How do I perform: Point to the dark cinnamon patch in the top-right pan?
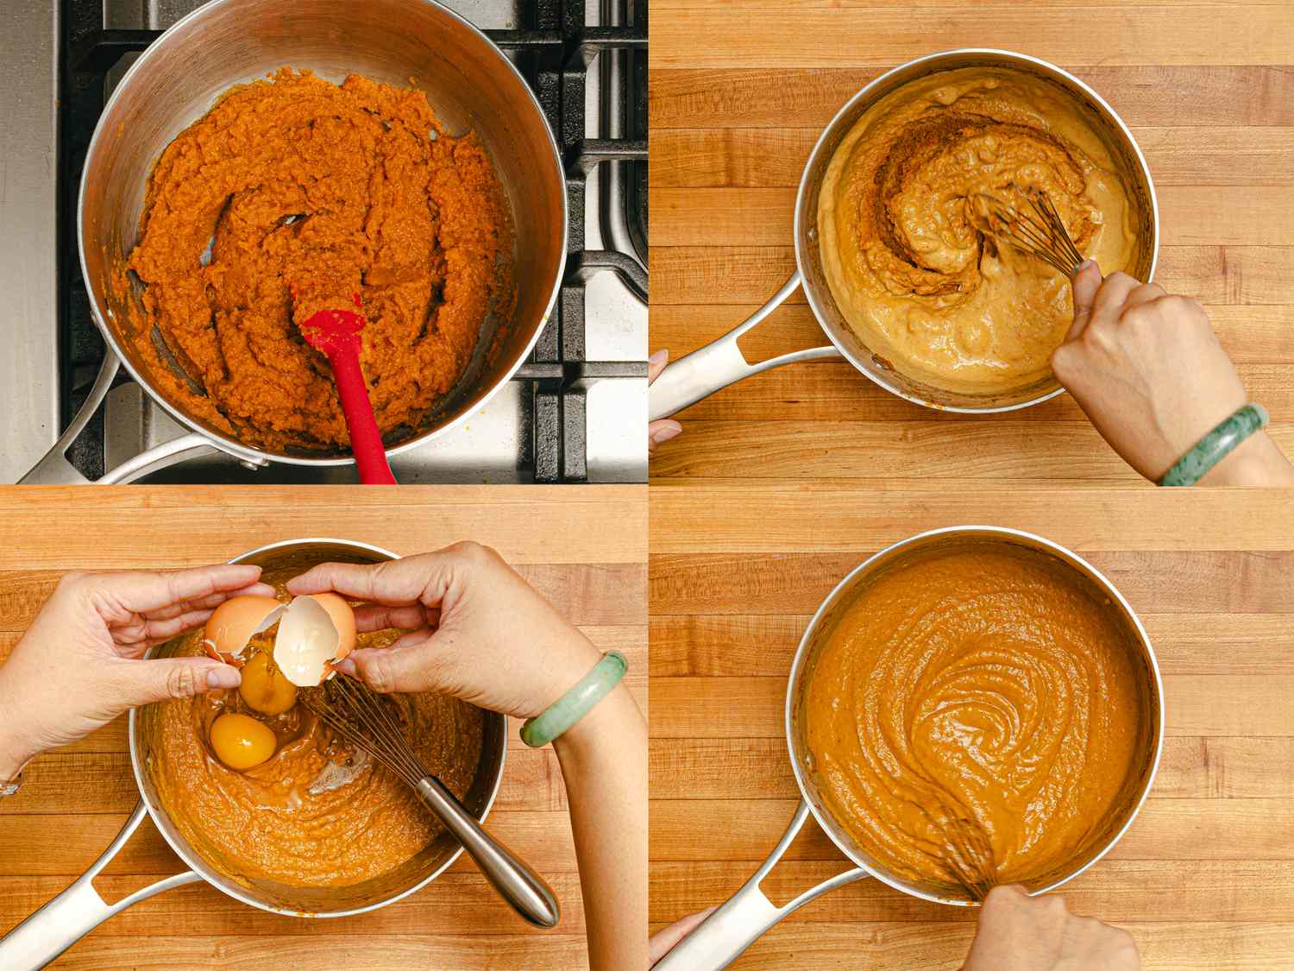tap(914, 155)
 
